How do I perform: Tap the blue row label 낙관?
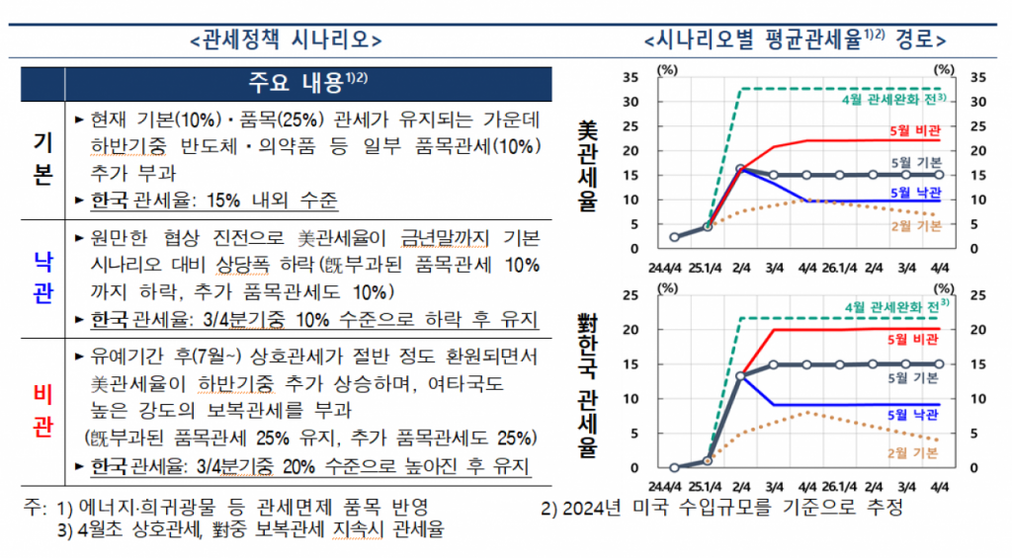click(42, 279)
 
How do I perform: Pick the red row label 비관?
click(42, 410)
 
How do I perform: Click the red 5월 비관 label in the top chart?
click(914, 130)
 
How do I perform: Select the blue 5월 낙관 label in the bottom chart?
click(914, 414)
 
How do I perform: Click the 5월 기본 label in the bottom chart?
click(914, 377)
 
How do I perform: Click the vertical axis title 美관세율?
click(588, 168)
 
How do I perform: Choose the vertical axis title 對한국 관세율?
click(588, 385)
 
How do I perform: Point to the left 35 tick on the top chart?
click(632, 77)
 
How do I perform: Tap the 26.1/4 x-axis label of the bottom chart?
click(840, 486)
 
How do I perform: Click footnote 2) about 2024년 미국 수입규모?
click(721, 509)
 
